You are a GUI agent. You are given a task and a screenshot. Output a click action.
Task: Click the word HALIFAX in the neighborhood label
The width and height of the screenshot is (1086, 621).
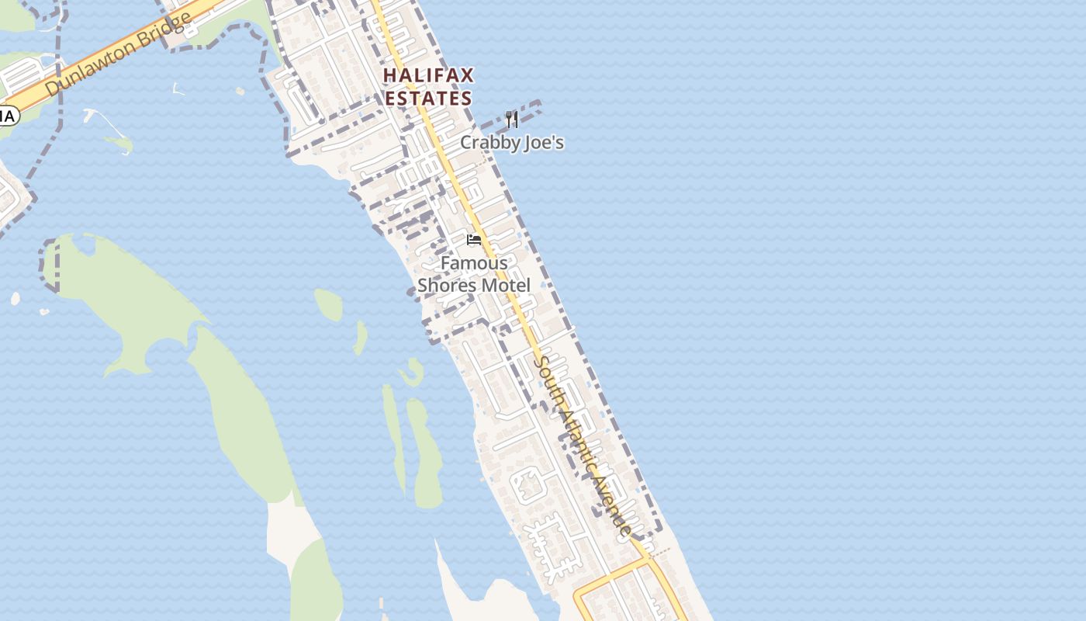428,76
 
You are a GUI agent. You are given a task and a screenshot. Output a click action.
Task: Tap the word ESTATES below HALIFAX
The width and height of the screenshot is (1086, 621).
428,99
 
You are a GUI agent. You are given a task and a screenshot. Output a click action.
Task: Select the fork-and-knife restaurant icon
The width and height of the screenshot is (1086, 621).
511,119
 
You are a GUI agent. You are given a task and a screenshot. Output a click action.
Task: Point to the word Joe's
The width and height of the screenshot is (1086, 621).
542,143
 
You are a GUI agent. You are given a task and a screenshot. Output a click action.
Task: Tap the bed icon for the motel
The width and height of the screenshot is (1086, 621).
474,240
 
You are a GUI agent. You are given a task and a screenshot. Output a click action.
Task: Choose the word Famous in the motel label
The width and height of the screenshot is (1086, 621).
474,263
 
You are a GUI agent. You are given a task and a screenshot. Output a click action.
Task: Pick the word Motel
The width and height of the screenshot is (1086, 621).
505,286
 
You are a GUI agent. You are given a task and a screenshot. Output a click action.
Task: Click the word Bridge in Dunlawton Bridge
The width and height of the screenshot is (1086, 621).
165,29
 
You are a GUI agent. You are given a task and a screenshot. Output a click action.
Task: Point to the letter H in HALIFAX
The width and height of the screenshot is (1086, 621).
389,76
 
